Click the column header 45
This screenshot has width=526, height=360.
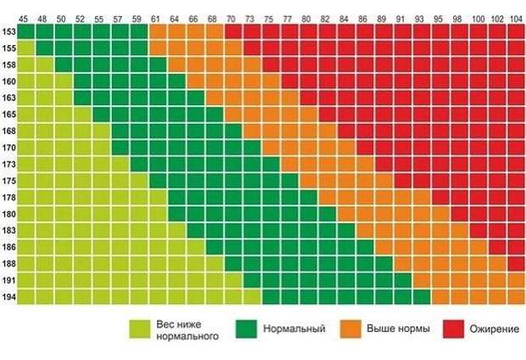26,18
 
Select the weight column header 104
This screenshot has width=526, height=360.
516,18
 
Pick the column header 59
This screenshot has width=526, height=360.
138,18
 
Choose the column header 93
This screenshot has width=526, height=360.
421,18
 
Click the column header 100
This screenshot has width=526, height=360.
478,18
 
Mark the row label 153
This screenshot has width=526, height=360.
8,31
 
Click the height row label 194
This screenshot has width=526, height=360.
8,297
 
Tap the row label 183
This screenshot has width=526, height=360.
8,230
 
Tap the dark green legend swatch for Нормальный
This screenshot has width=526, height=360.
247,329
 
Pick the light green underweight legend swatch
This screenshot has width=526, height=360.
141,329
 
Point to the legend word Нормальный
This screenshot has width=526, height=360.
290,328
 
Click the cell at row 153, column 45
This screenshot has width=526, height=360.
26,31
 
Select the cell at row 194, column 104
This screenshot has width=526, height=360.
516,297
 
